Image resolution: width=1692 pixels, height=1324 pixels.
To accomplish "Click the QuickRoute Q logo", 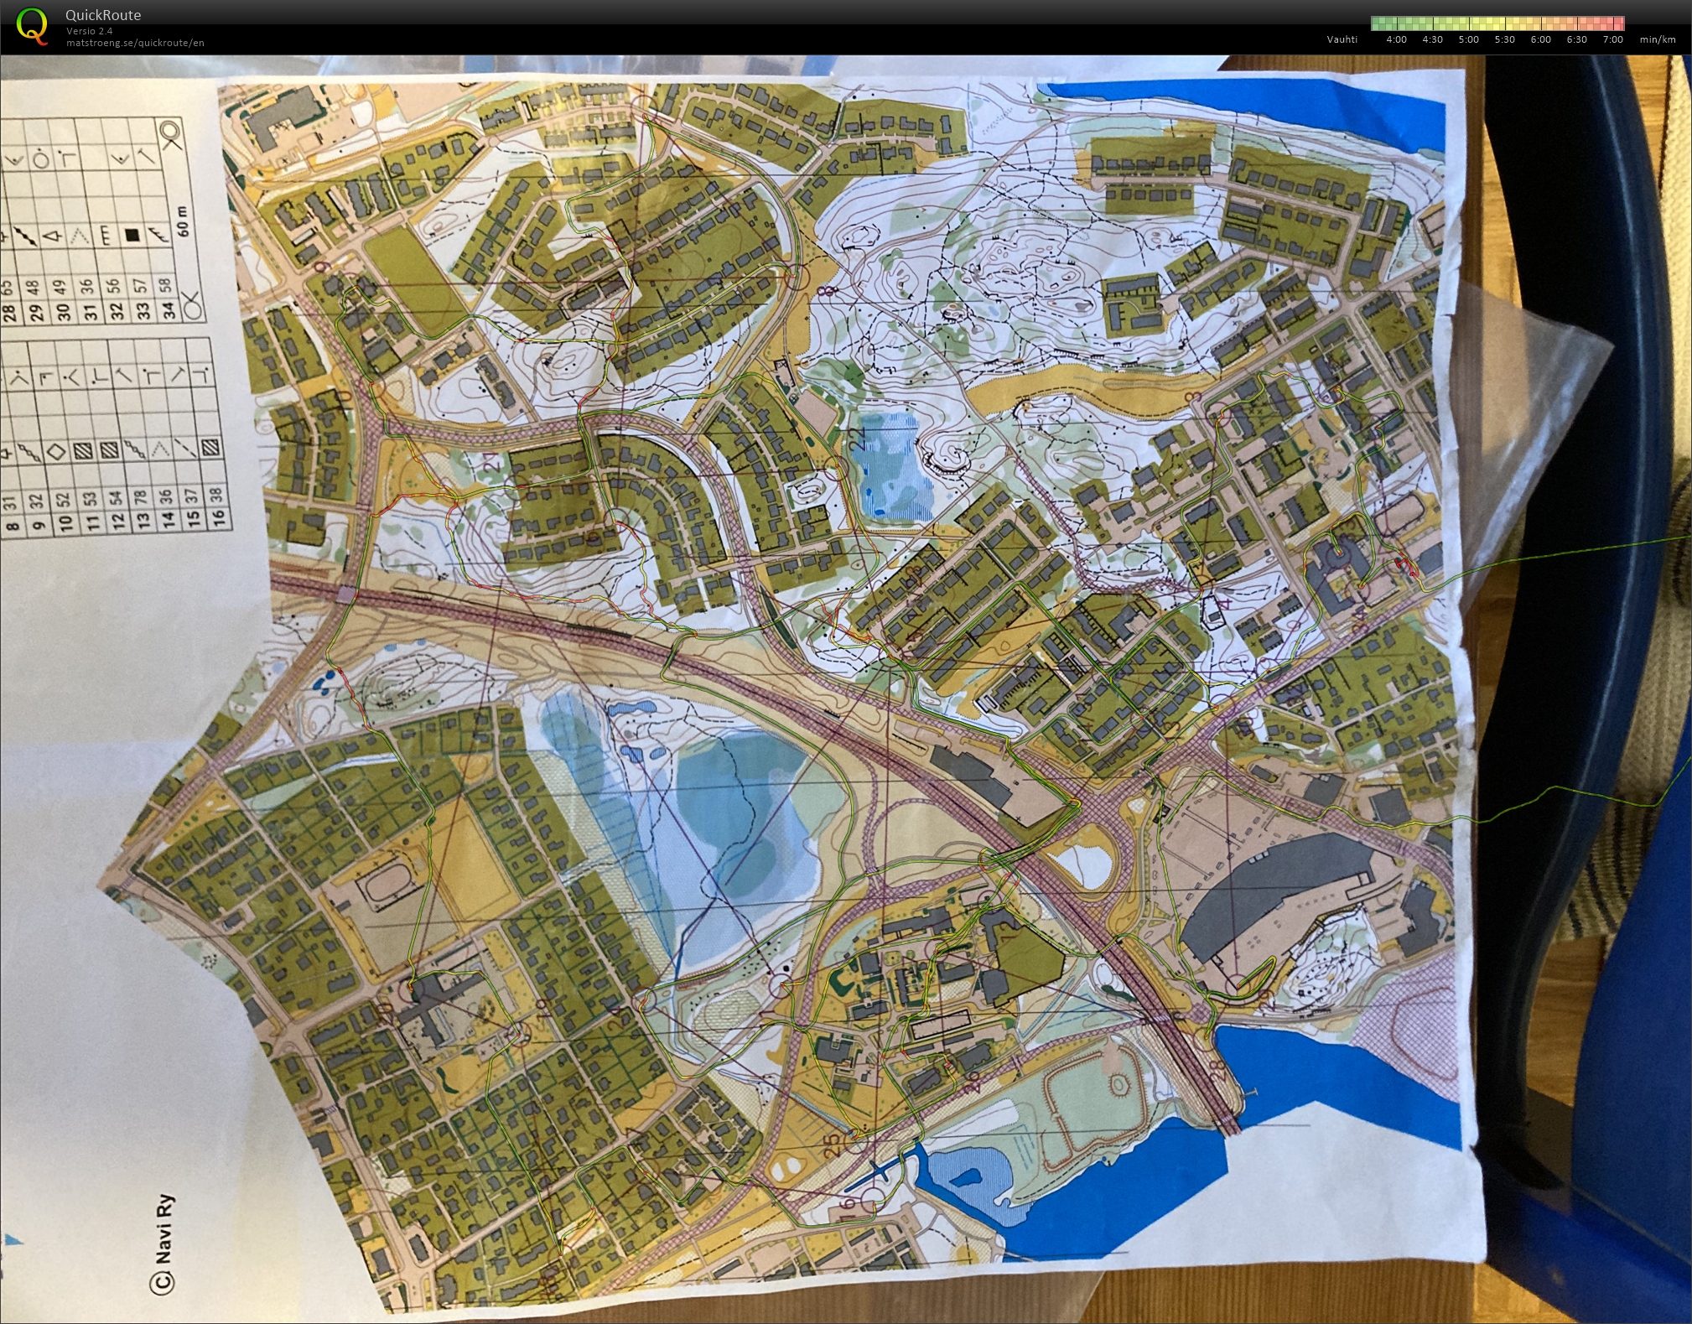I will (x=33, y=25).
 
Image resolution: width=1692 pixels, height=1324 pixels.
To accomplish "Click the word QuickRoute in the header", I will (x=103, y=15).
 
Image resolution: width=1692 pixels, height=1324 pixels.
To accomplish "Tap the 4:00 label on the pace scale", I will (x=1396, y=39).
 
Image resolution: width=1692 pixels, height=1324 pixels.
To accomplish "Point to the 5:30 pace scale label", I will (x=1504, y=39).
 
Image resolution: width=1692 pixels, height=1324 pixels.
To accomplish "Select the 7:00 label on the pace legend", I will (x=1612, y=39).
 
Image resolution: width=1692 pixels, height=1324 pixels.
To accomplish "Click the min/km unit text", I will (x=1658, y=39).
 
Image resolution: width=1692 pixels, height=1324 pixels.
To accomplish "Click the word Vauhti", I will (x=1342, y=39).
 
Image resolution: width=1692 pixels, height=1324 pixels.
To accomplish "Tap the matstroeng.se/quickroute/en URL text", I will (x=135, y=43).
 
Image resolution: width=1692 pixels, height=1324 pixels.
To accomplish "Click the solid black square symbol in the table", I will (x=132, y=236).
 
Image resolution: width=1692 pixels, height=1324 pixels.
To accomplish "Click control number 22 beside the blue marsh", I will (x=857, y=439).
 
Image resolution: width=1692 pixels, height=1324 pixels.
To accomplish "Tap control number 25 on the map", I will (x=830, y=1146).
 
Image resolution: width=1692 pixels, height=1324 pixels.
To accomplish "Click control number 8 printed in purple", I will (x=831, y=291).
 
